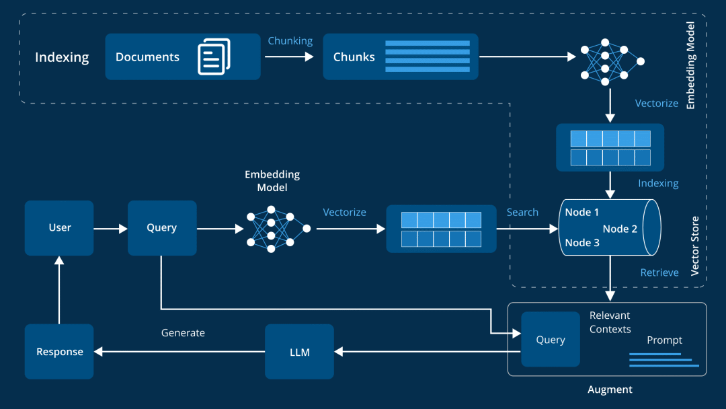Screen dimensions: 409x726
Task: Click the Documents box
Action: (182, 57)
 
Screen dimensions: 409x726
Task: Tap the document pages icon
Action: (214, 57)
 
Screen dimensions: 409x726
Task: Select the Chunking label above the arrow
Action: (290, 41)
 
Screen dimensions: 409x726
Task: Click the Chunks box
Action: (401, 57)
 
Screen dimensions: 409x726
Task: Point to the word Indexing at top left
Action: (62, 57)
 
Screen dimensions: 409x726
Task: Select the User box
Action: (59, 228)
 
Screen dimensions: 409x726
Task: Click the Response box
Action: (59, 352)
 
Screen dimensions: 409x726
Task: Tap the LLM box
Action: (299, 352)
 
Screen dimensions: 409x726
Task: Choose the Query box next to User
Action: (162, 228)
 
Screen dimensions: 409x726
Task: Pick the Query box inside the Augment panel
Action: (550, 340)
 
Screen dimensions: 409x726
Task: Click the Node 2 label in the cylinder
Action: (620, 229)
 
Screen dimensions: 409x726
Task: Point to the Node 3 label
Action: (582, 243)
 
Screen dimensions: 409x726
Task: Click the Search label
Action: (522, 213)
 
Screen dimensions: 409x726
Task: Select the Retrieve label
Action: (659, 272)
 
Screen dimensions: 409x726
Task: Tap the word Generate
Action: (183, 333)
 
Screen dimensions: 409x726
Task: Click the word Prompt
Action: (664, 340)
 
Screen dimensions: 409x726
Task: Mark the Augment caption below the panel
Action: (610, 389)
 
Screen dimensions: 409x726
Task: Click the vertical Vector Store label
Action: (695, 245)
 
